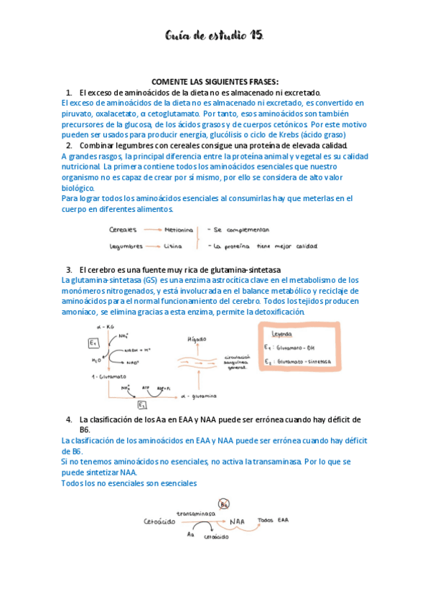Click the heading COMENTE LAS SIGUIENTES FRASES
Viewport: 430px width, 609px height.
(215, 81)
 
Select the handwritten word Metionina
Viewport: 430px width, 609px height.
(179, 230)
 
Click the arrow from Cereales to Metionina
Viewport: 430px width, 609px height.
(151, 230)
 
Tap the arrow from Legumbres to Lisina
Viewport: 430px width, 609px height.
(154, 246)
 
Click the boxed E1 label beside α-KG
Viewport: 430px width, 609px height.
(93, 341)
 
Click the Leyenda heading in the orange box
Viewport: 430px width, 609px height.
(277, 334)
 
